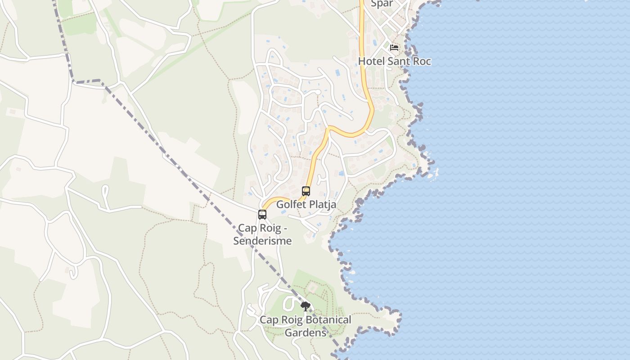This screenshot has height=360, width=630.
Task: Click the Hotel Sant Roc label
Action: click(394, 61)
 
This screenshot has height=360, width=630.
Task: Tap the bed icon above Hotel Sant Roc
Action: click(394, 48)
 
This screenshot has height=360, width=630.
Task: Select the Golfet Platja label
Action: click(306, 204)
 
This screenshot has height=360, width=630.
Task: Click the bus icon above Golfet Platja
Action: click(306, 191)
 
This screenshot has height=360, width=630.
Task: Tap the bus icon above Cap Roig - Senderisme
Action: click(262, 215)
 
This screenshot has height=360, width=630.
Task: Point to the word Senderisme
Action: click(262, 241)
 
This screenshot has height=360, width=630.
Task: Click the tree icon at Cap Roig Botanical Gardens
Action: click(306, 307)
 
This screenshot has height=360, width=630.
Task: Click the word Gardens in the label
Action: click(306, 333)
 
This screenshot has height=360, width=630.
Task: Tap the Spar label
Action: click(382, 4)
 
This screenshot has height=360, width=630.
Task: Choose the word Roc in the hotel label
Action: click(422, 61)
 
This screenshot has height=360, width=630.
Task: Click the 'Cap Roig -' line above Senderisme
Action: click(262, 228)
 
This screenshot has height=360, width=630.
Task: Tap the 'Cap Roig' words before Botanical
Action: click(275, 320)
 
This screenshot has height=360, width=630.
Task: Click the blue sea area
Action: click(517, 180)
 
